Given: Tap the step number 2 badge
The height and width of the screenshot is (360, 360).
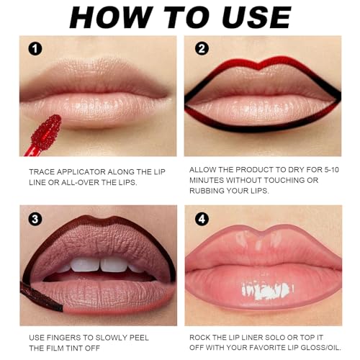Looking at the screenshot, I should [x=202, y=48].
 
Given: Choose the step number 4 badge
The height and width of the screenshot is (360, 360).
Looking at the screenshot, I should [x=202, y=218].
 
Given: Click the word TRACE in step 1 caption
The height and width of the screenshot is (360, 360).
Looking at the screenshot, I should [x=44, y=173].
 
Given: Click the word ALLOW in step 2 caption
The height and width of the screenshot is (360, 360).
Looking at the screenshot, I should [x=204, y=169].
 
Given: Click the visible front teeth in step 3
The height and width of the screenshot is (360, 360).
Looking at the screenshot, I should [x=101, y=265].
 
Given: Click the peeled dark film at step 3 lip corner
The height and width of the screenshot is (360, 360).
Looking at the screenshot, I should [x=40, y=295].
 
